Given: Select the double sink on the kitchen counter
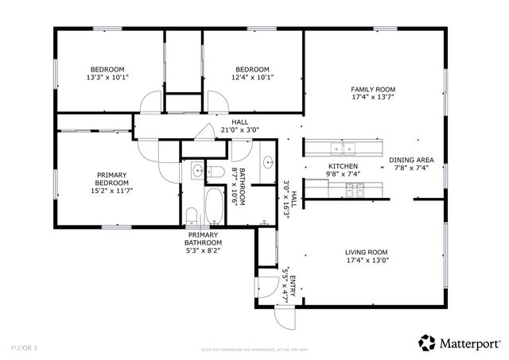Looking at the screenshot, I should [343, 147].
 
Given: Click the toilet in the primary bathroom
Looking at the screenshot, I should [191, 215].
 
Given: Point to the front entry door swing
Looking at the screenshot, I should [284, 317].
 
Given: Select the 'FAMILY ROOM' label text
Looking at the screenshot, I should [373, 90].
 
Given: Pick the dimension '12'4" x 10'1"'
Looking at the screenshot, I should [251, 78].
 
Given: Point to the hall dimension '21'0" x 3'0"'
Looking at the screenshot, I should [239, 130].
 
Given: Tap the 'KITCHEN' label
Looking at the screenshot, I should [343, 166].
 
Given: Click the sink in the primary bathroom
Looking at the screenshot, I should [196, 169].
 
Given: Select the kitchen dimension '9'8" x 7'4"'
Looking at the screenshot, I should [343, 174].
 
